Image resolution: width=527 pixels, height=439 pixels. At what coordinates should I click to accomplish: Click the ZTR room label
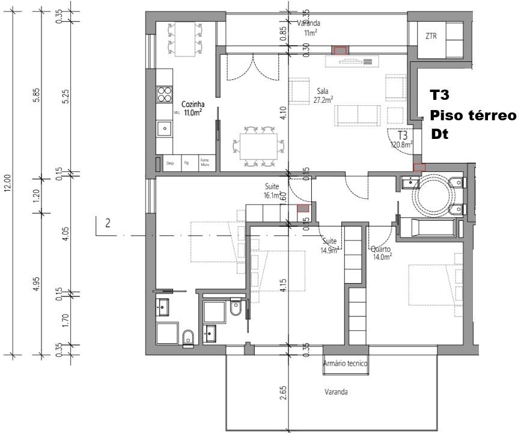(431, 36)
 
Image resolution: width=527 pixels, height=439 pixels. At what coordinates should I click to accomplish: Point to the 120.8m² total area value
(401, 144)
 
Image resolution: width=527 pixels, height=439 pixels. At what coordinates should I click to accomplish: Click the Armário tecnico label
(345, 363)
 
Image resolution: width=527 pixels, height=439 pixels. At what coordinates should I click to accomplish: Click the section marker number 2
(108, 223)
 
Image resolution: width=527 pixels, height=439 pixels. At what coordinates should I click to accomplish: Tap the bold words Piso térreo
(473, 115)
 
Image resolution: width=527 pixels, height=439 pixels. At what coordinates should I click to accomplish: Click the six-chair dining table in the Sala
(259, 146)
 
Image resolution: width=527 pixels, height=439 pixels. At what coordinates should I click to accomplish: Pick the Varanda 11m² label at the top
(311, 28)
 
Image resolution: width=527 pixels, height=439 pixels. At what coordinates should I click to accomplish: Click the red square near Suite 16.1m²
(303, 208)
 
